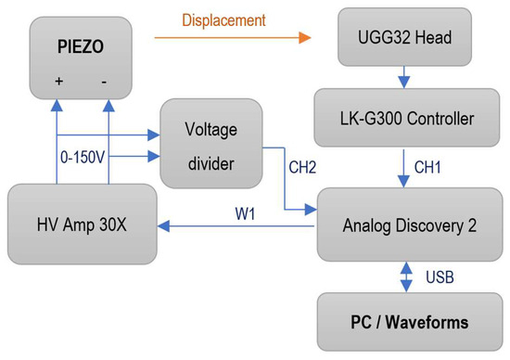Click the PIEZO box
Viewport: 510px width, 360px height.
pyautogui.click(x=81, y=58)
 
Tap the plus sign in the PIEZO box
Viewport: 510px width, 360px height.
pyautogui.click(x=58, y=81)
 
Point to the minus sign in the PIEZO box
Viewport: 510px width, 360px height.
pyautogui.click(x=104, y=82)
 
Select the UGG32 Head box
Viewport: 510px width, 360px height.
pyautogui.click(x=404, y=37)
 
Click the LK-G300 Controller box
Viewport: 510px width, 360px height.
pyautogui.click(x=406, y=118)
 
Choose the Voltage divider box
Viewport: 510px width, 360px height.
pyautogui.click(x=211, y=144)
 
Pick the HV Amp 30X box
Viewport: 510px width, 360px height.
pyautogui.click(x=83, y=224)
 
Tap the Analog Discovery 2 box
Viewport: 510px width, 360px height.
pyautogui.click(x=410, y=225)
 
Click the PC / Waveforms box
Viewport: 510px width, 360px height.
pyautogui.click(x=410, y=322)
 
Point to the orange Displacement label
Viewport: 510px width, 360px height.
pyautogui.click(x=223, y=20)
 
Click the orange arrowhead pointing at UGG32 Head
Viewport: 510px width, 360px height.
pyautogui.click(x=305, y=38)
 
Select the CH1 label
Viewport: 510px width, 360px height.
pyautogui.click(x=427, y=167)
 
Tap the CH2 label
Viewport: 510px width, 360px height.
pyautogui.click(x=302, y=167)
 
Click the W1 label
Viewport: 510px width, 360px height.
pyautogui.click(x=245, y=213)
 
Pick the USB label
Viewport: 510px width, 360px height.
pyautogui.click(x=440, y=277)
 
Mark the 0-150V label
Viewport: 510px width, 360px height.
pyautogui.click(x=83, y=157)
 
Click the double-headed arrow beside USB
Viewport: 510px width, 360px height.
pyautogui.click(x=406, y=277)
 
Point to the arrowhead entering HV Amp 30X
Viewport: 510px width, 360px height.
pyautogui.click(x=163, y=225)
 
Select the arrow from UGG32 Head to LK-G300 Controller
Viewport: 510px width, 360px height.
pyautogui.click(x=404, y=77)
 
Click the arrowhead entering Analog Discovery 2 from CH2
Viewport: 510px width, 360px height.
pyautogui.click(x=311, y=210)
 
